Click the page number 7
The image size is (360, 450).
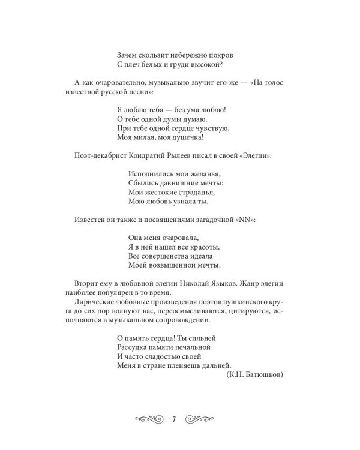tap(173, 419)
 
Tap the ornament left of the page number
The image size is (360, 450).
tap(149, 419)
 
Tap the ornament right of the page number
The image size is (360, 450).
tap(201, 419)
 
